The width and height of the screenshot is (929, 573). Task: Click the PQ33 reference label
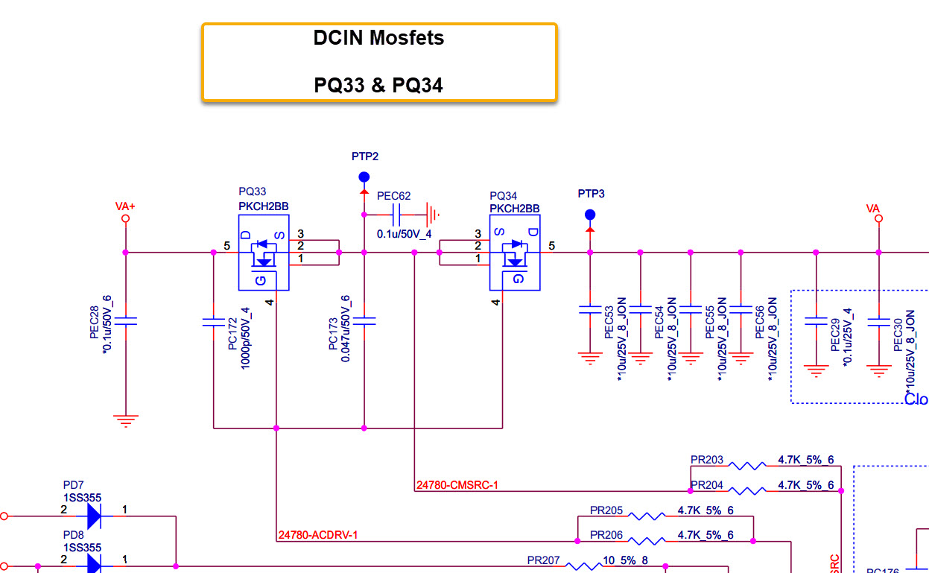pos(252,191)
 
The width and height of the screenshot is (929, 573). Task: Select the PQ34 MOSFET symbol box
pos(514,253)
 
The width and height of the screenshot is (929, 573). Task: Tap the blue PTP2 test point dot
pos(364,177)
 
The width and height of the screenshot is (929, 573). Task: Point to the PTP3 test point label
pos(591,194)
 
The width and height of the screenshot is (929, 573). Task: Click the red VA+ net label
pos(125,205)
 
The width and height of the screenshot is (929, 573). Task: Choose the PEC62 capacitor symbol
pos(396,215)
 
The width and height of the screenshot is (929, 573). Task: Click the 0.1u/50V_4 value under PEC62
pos(404,234)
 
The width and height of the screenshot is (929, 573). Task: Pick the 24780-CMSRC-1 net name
pos(457,486)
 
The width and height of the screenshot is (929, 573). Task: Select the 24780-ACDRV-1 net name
pos(317,535)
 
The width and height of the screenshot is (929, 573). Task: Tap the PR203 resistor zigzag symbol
pos(747,466)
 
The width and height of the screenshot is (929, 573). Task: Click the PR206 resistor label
pos(606,535)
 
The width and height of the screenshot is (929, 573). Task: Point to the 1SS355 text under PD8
pos(82,548)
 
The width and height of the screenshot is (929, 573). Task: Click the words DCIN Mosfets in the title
pos(378,39)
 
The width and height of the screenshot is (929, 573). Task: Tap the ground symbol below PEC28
pos(126,420)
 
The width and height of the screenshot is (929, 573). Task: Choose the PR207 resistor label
pos(543,560)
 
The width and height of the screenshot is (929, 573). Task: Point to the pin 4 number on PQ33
pos(269,302)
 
